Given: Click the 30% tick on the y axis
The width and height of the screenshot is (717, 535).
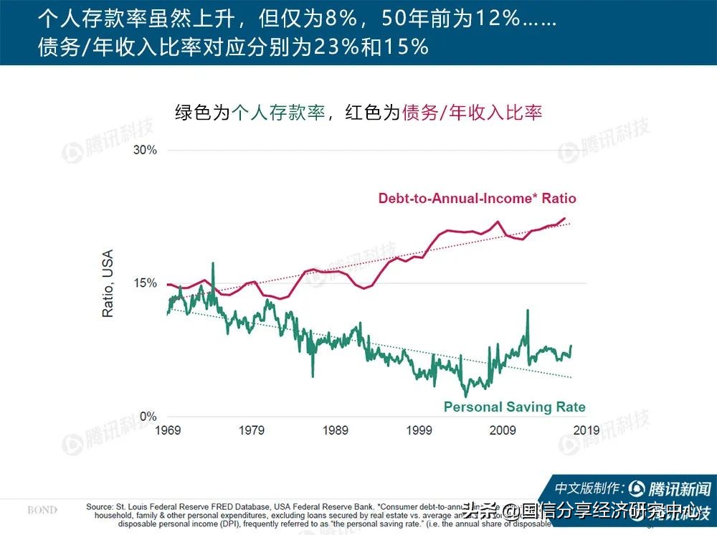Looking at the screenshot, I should [142, 150].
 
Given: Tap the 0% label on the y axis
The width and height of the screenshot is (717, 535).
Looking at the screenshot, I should [146, 417].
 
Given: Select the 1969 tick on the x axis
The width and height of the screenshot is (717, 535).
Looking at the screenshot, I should [168, 430].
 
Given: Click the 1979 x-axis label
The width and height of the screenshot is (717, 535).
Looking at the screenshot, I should [252, 430].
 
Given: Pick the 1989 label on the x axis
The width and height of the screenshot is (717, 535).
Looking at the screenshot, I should [336, 430].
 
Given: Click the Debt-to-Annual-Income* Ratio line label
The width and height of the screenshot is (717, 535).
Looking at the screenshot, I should [477, 198].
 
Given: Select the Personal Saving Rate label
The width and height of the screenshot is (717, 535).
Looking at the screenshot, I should [514, 407].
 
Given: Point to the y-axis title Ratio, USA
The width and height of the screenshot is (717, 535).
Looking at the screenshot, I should [108, 283].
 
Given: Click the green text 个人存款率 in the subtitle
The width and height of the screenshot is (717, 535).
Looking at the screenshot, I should [278, 113].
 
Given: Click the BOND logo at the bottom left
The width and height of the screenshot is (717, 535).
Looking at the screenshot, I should [43, 510].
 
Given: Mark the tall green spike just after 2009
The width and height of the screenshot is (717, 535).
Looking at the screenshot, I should [528, 311].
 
